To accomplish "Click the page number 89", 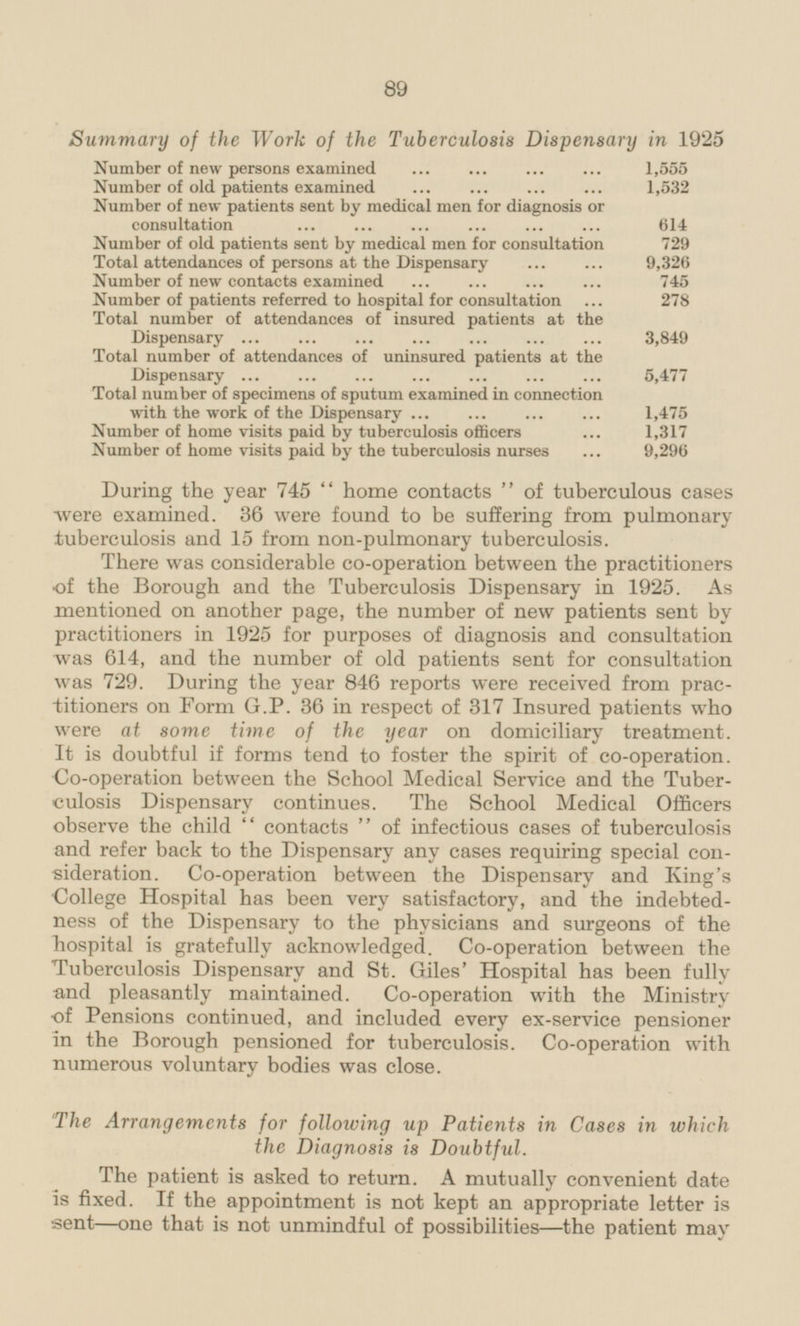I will [x=400, y=89].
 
